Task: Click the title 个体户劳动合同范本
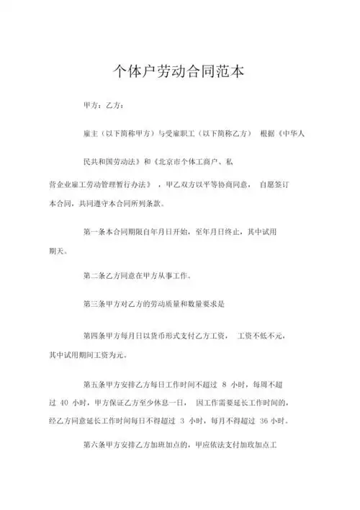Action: tap(179, 71)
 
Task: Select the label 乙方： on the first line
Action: tap(115, 106)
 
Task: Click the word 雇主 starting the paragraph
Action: tap(91, 133)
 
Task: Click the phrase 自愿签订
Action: tap(274, 184)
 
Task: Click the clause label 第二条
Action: tap(96, 277)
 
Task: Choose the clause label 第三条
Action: tap(96, 304)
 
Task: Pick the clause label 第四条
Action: tap(96, 336)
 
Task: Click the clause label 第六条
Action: tap(96, 445)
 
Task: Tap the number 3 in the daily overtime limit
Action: tap(182, 419)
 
